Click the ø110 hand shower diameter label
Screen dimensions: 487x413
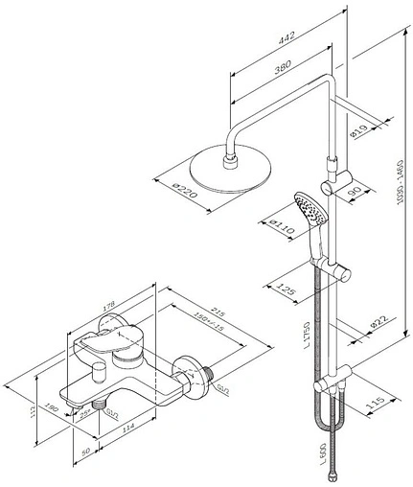click(282, 230)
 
